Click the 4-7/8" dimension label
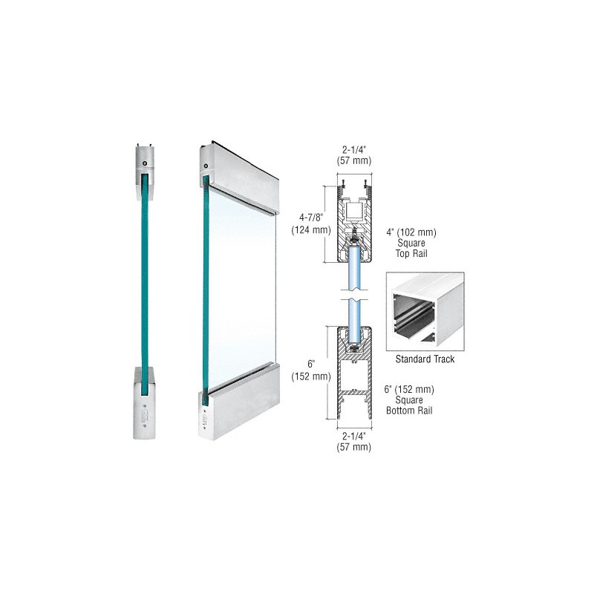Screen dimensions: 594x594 [310, 218]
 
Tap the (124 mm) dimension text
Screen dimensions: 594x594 [310, 230]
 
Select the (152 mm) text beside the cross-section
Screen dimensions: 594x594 [310, 376]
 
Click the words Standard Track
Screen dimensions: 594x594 [425, 359]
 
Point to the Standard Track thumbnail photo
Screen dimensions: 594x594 [425, 311]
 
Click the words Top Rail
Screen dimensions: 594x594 [411, 253]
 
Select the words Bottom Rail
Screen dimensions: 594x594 [409, 411]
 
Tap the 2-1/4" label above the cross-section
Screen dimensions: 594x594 [354, 150]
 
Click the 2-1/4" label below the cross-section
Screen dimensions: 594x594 [354, 436]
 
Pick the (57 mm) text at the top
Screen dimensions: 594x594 [354, 161]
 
